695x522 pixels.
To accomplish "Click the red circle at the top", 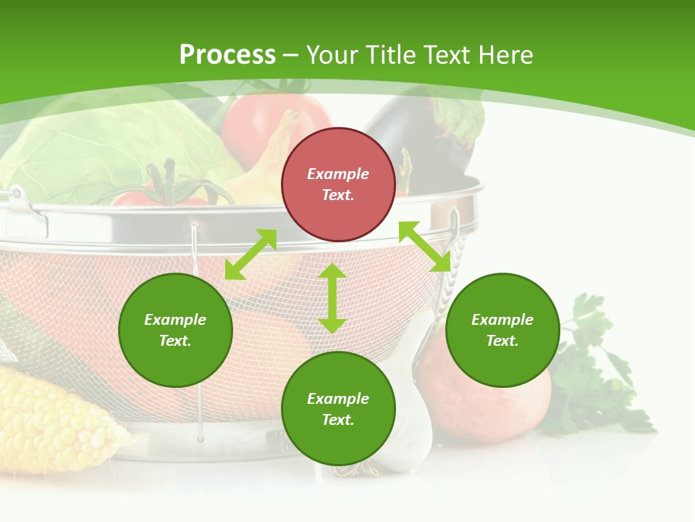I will pos(338,185).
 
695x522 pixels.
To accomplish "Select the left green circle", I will pos(175,330).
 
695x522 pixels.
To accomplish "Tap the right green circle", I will pos(502,330).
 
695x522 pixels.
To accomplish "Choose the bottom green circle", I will pos(338,409).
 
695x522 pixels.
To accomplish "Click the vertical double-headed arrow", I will pos(332,298).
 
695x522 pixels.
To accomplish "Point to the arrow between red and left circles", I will pos(250,254).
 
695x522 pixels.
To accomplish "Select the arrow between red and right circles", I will pos(425,246).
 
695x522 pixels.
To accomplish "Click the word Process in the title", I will pos(227,54).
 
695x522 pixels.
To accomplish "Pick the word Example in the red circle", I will pos(338,174).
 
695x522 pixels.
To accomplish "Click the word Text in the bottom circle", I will pos(338,420).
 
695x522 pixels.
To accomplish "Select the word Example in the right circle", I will pos(502,320).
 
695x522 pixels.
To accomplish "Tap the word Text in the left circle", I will pos(175,341).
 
